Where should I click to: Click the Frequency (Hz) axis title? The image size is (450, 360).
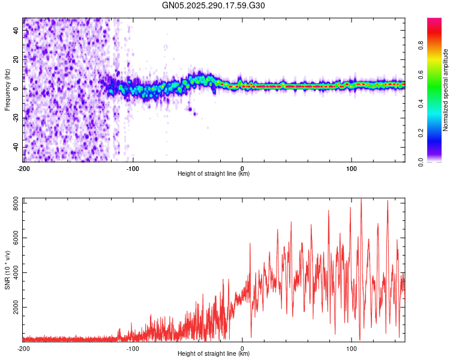point(7,89)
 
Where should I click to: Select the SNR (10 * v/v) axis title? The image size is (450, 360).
point(7,269)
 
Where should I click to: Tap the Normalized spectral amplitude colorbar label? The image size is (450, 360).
point(446,90)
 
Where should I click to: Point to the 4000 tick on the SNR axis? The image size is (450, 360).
point(14,273)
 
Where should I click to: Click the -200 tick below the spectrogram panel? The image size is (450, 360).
point(23,168)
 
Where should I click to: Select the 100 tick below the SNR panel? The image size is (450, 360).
point(351,348)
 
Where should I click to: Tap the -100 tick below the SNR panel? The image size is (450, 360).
point(133,348)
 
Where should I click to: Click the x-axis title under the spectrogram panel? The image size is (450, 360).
point(214,174)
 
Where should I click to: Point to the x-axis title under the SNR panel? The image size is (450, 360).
point(214,354)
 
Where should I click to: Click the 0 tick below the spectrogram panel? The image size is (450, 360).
point(242,168)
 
